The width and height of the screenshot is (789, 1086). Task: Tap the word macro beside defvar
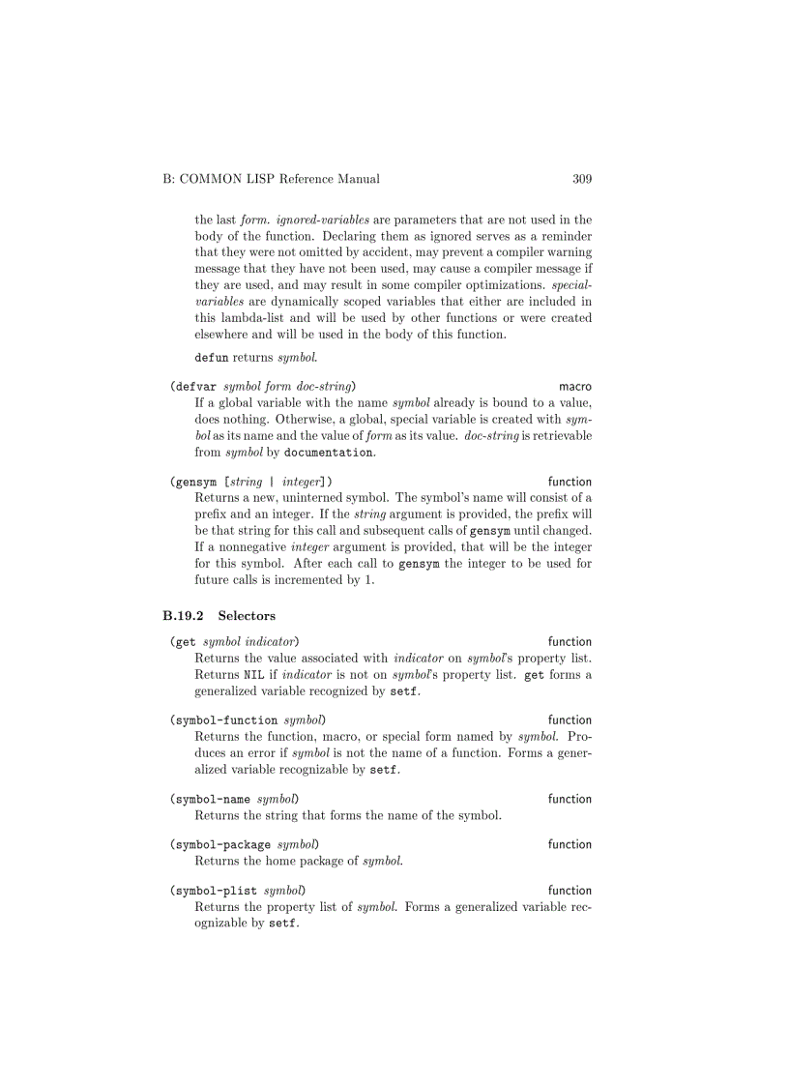pyautogui.click(x=575, y=386)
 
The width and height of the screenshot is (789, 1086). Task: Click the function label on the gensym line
pyautogui.click(x=570, y=482)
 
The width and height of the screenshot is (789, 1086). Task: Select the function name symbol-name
pyautogui.click(x=212, y=800)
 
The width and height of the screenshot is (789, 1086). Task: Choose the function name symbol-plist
pyautogui.click(x=215, y=891)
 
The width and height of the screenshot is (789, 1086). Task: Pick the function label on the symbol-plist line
pyautogui.click(x=570, y=891)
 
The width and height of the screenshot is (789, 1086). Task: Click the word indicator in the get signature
pyautogui.click(x=270, y=641)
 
